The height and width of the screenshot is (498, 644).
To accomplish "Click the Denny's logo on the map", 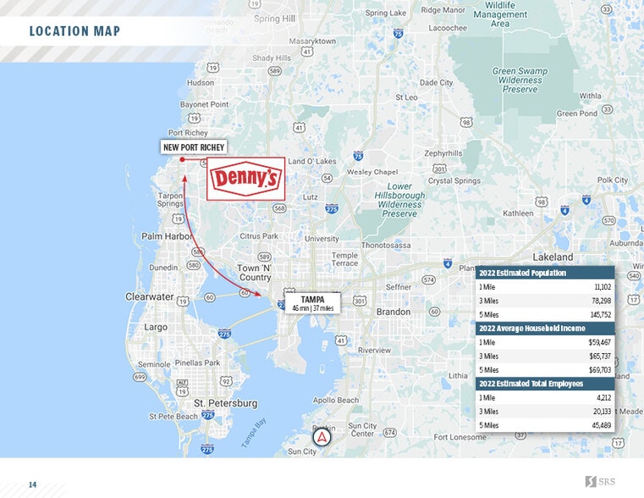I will [x=245, y=179].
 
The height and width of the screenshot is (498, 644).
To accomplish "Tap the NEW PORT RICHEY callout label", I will [x=195, y=147].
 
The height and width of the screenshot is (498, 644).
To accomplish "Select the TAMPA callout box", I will [x=312, y=303].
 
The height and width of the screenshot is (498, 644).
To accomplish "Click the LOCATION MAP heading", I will [x=74, y=32].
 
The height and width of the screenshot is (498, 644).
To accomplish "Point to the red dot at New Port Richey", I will [x=182, y=159].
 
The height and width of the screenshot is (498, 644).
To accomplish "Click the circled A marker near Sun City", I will [x=322, y=438].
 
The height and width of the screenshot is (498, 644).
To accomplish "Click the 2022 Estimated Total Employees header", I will [x=531, y=384].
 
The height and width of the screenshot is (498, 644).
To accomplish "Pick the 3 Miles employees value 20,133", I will [x=599, y=411].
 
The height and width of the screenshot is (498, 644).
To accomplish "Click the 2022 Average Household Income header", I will [x=531, y=328].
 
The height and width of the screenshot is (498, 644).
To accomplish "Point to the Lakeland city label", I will [x=553, y=257].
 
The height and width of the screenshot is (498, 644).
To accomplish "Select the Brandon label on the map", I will [x=393, y=312].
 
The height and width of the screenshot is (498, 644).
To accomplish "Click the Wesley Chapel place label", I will [x=373, y=172].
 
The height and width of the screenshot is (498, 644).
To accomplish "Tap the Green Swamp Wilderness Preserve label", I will [x=520, y=80].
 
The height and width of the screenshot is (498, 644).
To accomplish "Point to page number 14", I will [x=33, y=484].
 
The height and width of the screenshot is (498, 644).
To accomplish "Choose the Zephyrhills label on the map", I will [x=443, y=153].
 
